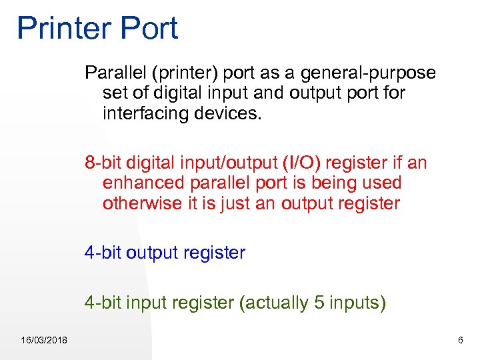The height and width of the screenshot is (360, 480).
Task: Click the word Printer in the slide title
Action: tap(63, 29)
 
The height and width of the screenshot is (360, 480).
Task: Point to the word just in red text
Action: tap(231, 203)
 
